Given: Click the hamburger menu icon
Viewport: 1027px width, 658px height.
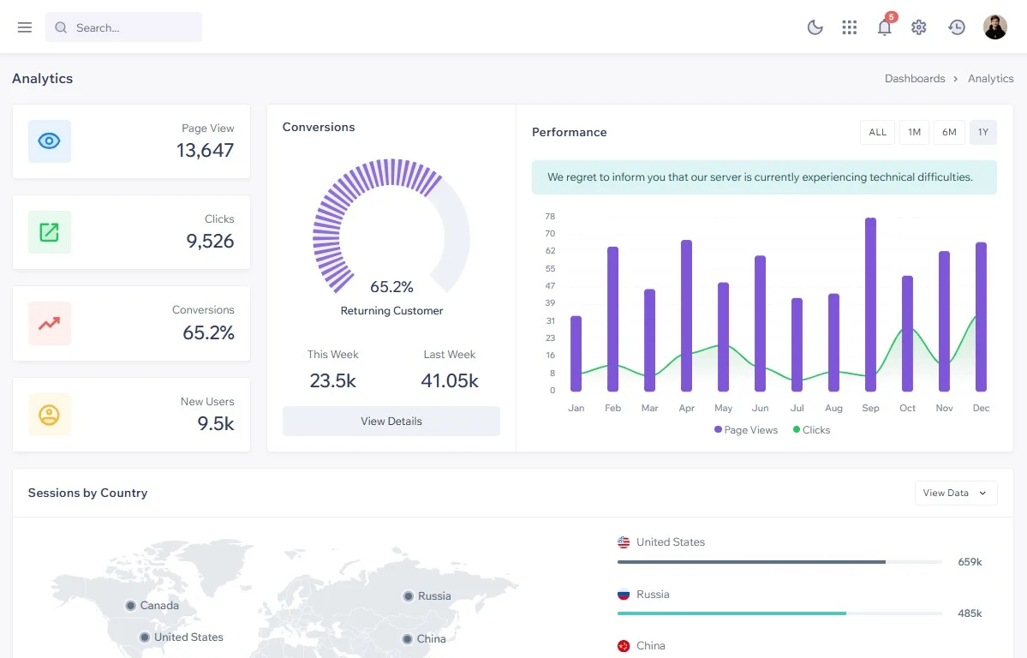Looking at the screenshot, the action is (x=25, y=27).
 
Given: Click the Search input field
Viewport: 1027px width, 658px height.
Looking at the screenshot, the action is (x=124, y=27).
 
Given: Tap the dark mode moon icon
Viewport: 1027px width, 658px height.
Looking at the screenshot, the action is (x=815, y=27).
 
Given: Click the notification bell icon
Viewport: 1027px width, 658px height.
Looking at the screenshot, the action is (x=884, y=27).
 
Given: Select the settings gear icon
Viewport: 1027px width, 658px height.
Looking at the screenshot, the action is (x=919, y=27).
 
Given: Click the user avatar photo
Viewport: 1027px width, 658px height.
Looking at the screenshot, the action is (x=995, y=27).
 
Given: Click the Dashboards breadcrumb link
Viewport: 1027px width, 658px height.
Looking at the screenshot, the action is (x=914, y=79).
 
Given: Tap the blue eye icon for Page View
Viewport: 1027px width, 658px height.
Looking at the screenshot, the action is (x=49, y=141).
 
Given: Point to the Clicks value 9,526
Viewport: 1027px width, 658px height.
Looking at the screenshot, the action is (x=210, y=241).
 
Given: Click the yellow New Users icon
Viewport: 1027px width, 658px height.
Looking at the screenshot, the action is (x=49, y=415).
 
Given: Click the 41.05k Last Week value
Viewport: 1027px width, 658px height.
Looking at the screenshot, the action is (x=450, y=380).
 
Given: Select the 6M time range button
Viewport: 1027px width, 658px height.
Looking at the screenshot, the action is (x=949, y=133).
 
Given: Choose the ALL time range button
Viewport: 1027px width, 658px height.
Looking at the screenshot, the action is (x=878, y=133).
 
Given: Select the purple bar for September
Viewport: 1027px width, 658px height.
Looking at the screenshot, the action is (x=870, y=305).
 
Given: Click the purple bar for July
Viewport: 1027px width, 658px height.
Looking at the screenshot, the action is (x=797, y=344).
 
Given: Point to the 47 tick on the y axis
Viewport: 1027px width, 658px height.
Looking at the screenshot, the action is (x=550, y=286).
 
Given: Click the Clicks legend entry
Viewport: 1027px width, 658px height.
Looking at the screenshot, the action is (x=811, y=430).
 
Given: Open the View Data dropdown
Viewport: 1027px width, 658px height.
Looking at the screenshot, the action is (x=956, y=493).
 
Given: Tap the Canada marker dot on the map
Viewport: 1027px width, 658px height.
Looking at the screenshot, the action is (x=131, y=606).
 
